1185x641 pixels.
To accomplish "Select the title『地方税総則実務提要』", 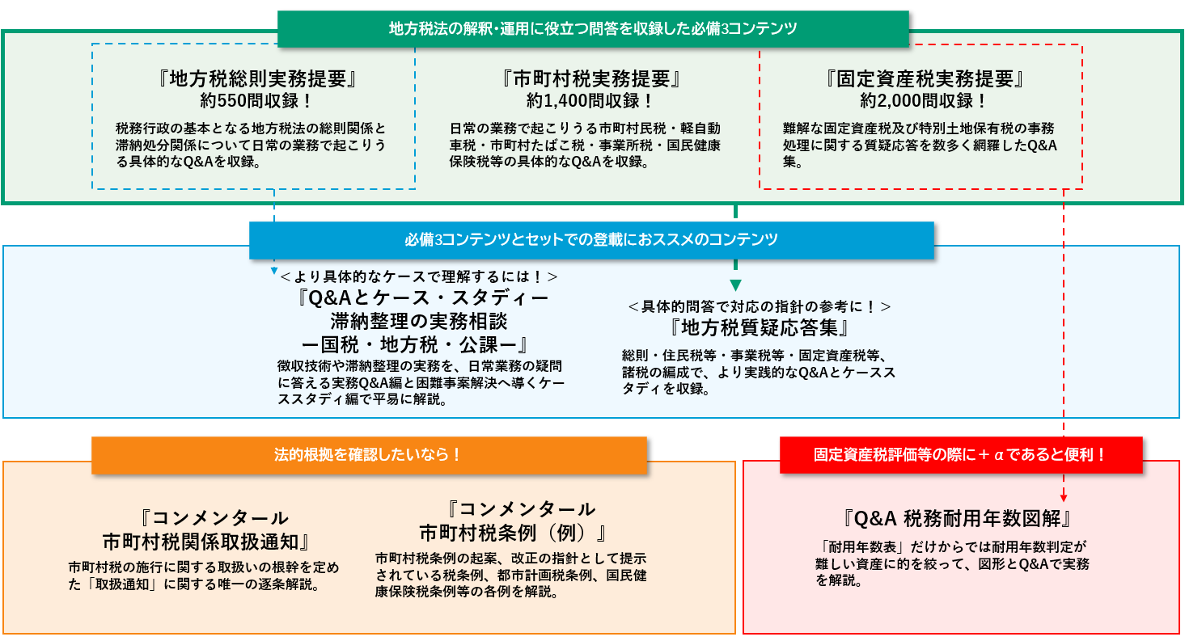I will [x=256, y=79].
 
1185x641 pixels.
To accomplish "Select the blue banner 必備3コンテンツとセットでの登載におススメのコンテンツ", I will [x=591, y=240].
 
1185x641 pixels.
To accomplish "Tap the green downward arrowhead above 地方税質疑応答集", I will [x=735, y=284].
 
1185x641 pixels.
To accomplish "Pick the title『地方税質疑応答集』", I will [x=760, y=328].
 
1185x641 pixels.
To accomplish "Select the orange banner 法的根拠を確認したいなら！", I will [x=369, y=455].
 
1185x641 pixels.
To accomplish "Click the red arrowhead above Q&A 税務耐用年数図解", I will [x=1063, y=499].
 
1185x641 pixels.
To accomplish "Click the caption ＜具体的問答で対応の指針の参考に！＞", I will [x=760, y=307].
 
